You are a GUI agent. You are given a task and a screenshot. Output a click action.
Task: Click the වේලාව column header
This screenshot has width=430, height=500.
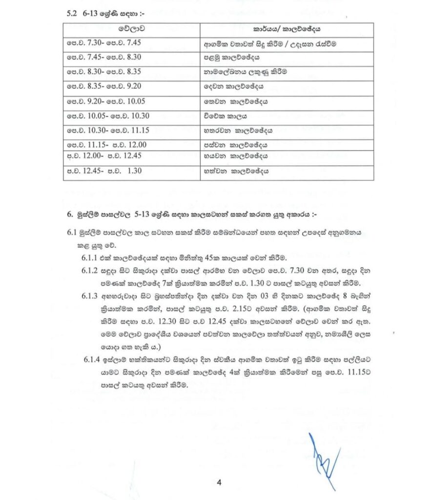[x=131, y=29]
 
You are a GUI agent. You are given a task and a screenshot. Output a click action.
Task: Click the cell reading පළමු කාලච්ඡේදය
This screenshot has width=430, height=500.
[x=234, y=57]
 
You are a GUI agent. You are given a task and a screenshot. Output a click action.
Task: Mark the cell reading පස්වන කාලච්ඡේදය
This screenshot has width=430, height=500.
[x=236, y=145]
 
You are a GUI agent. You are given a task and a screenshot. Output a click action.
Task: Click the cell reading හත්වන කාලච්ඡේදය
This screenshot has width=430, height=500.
[x=236, y=171]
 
